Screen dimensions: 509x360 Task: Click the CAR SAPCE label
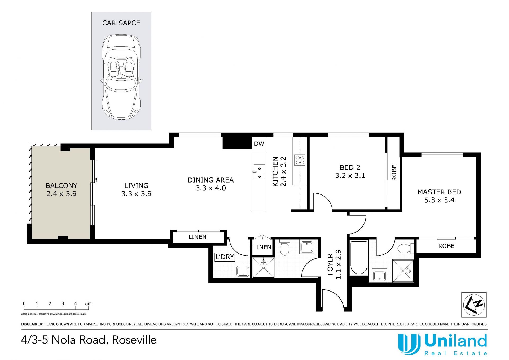click(x=121, y=23)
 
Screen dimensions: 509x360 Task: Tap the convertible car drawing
click(x=121, y=77)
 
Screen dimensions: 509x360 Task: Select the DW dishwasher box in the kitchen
click(x=259, y=144)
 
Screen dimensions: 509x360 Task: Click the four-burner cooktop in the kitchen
click(x=300, y=160)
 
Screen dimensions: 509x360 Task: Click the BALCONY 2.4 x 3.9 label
click(x=62, y=189)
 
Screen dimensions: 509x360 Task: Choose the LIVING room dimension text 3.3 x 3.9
click(x=137, y=194)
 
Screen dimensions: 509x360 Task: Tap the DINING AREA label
click(x=210, y=180)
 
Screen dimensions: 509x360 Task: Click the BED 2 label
click(x=350, y=167)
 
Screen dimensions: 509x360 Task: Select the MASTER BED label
click(x=439, y=192)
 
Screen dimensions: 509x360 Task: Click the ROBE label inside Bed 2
click(x=394, y=173)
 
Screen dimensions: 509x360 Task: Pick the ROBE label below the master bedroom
click(x=446, y=246)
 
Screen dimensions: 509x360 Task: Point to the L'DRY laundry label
click(x=225, y=257)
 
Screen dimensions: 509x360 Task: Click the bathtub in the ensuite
click(x=359, y=258)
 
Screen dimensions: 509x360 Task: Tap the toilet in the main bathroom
click(x=284, y=248)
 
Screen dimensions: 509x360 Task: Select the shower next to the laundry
click(x=264, y=268)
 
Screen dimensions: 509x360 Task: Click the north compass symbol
click(x=474, y=305)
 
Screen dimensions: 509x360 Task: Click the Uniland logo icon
click(x=409, y=344)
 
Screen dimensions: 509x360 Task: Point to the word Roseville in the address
click(x=134, y=340)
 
